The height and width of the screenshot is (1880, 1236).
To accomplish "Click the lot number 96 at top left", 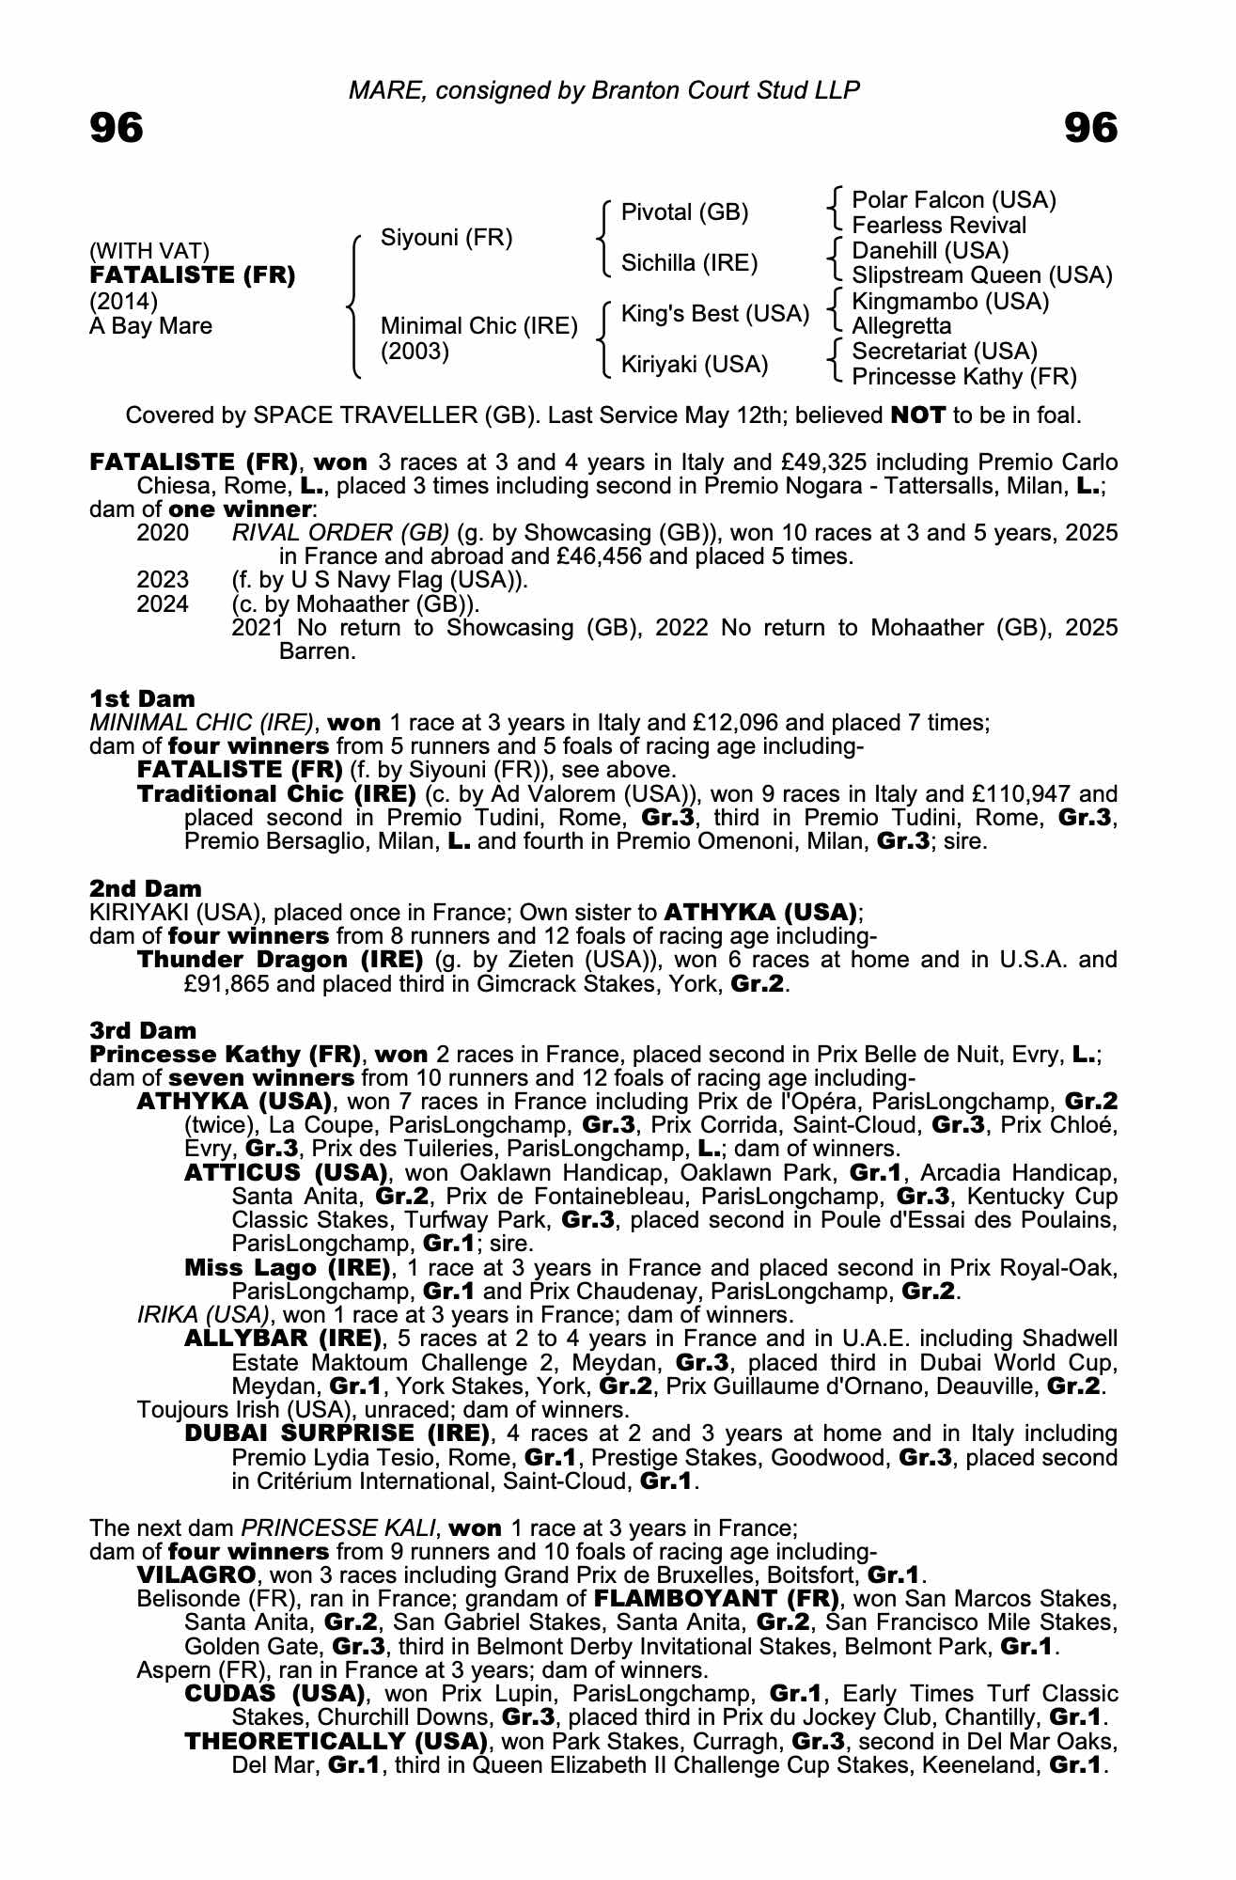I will coord(117,128).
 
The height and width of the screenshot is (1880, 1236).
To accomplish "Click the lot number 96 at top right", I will coord(1091,128).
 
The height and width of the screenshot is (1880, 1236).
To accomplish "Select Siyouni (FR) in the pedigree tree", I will coord(446,238).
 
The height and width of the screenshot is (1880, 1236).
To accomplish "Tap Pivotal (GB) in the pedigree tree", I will coord(685,212).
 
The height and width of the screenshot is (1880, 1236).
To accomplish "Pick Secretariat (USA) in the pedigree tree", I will coord(944,352).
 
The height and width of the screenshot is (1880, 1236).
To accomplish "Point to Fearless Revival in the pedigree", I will coord(938,226).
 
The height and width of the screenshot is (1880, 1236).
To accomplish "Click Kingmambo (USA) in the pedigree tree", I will coord(949,302).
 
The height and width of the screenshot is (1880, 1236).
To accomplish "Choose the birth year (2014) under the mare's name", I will coord(123,301).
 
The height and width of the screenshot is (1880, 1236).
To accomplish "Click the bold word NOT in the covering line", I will coord(917,415).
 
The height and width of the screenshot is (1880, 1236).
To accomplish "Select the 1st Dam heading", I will coord(143,698).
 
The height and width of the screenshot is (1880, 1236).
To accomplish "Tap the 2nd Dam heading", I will coord(146,888).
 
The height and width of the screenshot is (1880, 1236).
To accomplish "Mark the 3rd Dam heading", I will coord(144,1030).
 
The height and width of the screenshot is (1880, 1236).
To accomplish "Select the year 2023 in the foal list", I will coord(163,580).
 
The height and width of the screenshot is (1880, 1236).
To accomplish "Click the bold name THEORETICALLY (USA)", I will coord(336,1741).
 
